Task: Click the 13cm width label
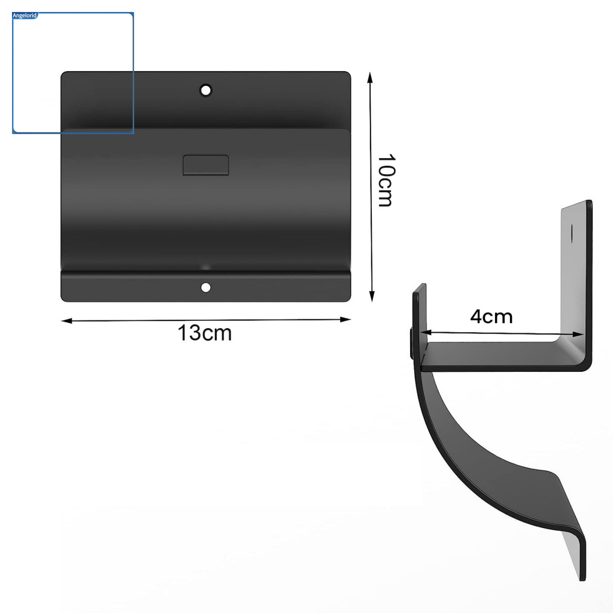(x=205, y=333)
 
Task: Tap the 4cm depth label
(x=491, y=317)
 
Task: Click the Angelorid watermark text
(x=25, y=16)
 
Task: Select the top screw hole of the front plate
(x=206, y=90)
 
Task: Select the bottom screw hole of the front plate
(x=206, y=288)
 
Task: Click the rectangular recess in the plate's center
(x=206, y=165)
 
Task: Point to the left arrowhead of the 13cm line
(x=66, y=321)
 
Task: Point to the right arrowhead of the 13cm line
(x=345, y=320)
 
